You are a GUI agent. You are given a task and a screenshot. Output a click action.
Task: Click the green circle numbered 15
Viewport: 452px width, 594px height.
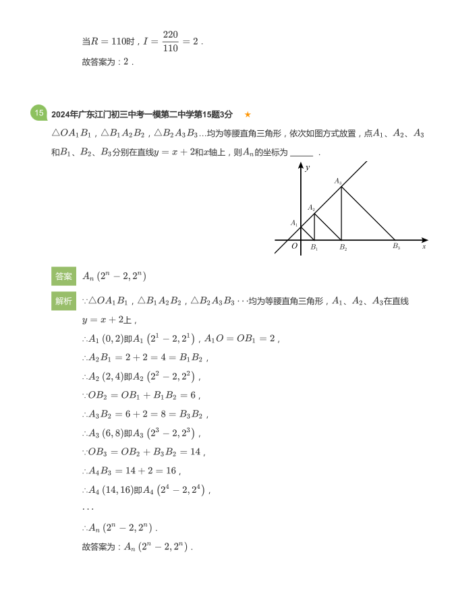pyautogui.click(x=38, y=113)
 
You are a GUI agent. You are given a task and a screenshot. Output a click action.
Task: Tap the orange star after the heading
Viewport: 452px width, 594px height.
pyautogui.click(x=248, y=115)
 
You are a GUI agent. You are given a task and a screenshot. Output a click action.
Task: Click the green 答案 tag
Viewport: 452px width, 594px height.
pyautogui.click(x=64, y=276)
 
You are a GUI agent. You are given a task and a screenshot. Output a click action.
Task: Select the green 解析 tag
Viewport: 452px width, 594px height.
pyautogui.click(x=64, y=301)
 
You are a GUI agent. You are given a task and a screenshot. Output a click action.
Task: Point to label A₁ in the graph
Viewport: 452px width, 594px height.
pyautogui.click(x=294, y=223)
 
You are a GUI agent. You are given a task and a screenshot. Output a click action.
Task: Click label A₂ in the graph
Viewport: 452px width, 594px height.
pyautogui.click(x=312, y=208)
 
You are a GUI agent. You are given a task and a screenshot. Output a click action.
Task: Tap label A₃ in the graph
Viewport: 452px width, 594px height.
pyautogui.click(x=338, y=181)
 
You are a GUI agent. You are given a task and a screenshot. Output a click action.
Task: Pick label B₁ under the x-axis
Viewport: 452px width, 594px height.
pyautogui.click(x=314, y=247)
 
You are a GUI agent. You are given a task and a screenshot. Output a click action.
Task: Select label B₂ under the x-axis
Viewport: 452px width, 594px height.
pyautogui.click(x=343, y=247)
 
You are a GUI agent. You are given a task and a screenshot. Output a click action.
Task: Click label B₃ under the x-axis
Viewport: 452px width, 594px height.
pyautogui.click(x=396, y=247)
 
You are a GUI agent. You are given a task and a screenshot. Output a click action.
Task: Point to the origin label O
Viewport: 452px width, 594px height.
pyautogui.click(x=294, y=247)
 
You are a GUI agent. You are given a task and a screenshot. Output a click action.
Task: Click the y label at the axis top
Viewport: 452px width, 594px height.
pyautogui.click(x=307, y=167)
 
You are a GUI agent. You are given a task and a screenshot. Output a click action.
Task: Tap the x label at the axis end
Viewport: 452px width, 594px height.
pyautogui.click(x=424, y=247)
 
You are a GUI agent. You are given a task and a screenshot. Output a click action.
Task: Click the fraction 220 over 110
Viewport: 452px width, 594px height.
pyautogui.click(x=170, y=41)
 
